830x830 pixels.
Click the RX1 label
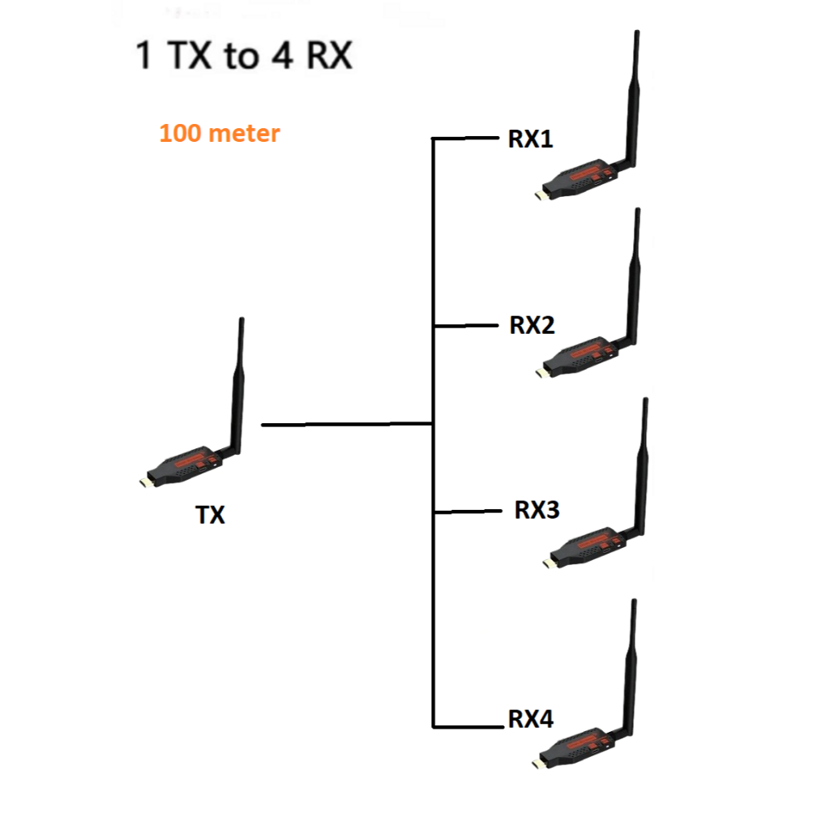531,139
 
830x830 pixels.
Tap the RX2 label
532,325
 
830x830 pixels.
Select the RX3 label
537,511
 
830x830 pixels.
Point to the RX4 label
531,718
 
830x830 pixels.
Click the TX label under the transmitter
210,515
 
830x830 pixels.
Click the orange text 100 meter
220,133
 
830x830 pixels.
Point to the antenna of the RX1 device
632,97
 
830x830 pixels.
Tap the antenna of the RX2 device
633,276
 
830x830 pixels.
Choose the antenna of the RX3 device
642,462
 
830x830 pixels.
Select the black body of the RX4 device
577,747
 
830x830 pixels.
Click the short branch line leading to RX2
466,326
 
